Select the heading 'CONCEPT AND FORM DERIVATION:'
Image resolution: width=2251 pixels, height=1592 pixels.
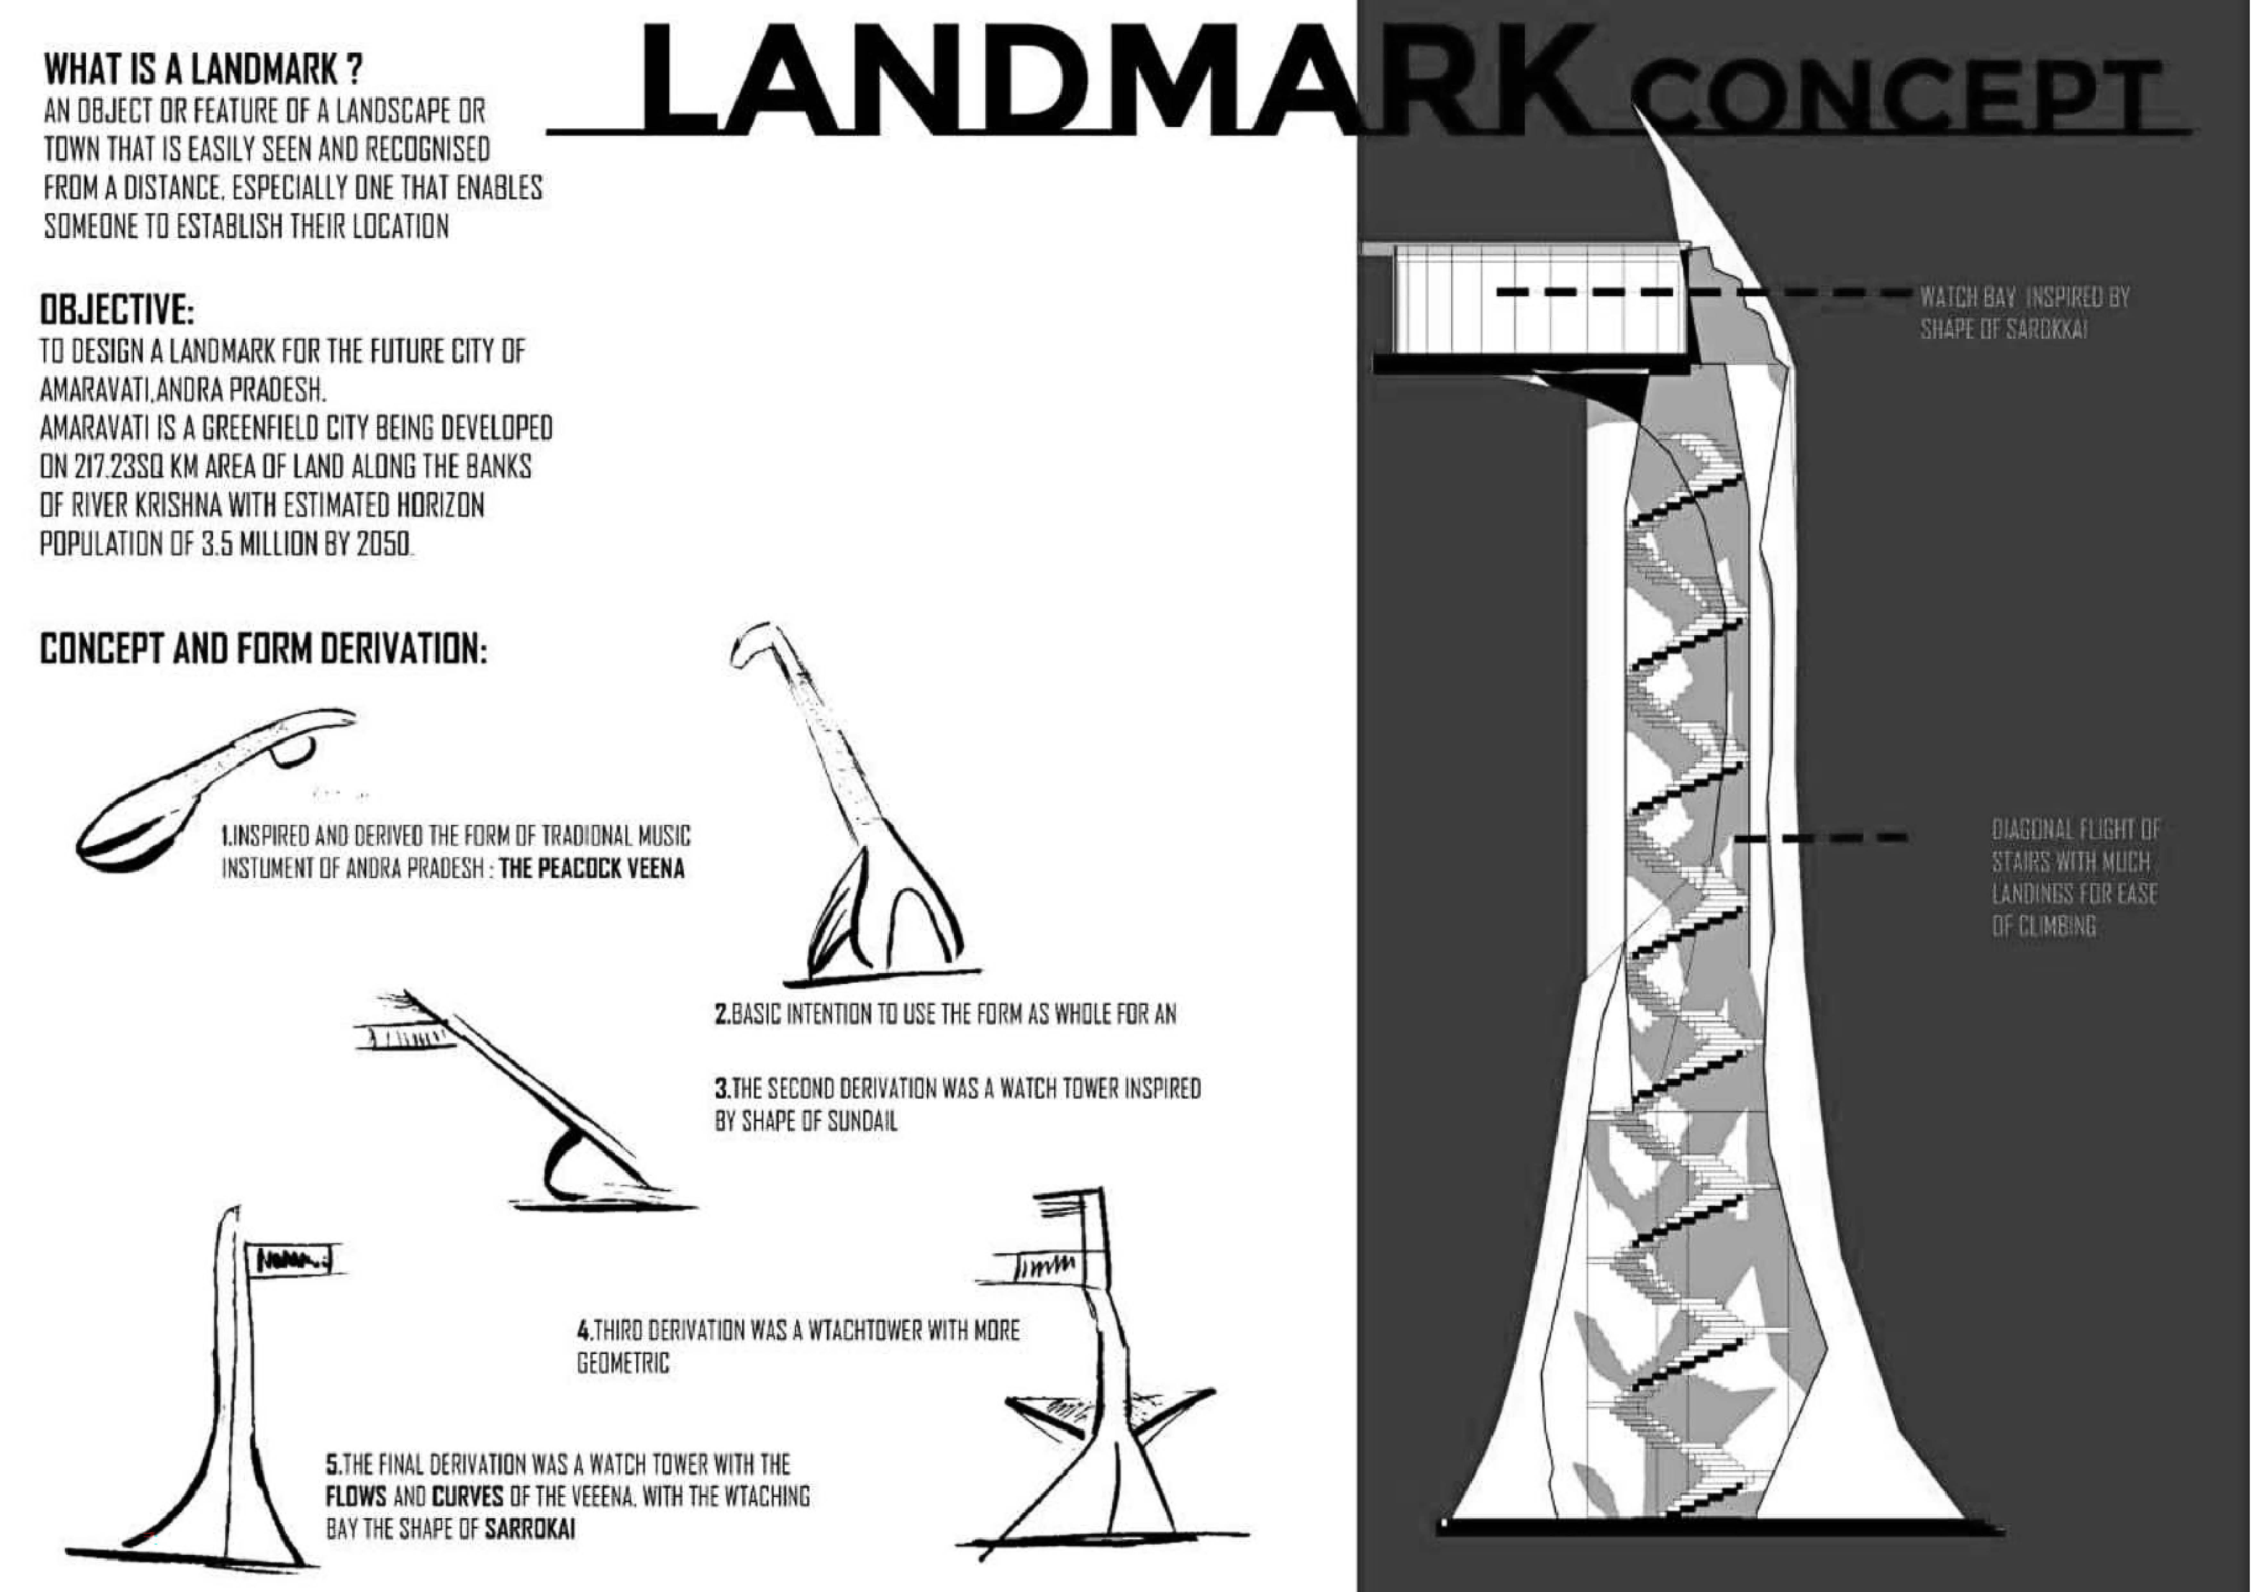tap(263, 650)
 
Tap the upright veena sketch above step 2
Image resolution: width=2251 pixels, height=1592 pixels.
tap(863, 814)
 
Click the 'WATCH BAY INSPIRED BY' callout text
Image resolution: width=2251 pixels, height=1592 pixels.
tap(2025, 297)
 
